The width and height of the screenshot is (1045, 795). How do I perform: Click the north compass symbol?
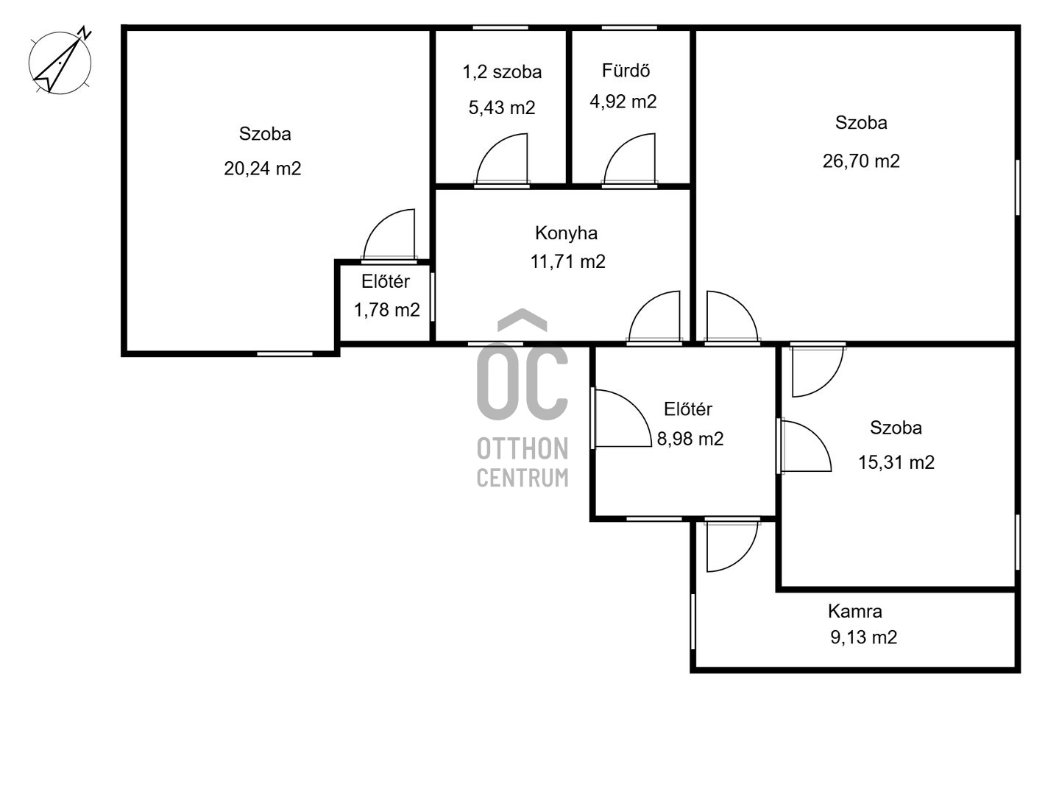click(60, 61)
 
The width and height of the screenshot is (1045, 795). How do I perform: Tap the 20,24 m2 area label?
click(262, 169)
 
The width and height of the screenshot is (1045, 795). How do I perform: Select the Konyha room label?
click(566, 233)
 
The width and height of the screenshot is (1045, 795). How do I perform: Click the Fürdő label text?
click(626, 71)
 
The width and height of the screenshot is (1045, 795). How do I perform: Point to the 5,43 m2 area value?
click(502, 107)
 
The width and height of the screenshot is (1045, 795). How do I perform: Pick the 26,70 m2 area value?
click(861, 161)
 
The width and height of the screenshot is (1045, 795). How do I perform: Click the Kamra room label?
click(855, 611)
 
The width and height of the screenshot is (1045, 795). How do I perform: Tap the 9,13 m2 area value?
click(864, 637)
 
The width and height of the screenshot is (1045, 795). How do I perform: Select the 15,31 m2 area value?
click(896, 462)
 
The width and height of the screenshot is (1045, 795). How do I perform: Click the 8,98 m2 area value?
click(690, 439)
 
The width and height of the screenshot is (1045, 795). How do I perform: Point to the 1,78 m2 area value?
click(386, 310)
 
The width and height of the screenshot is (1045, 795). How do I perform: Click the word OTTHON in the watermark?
click(522, 449)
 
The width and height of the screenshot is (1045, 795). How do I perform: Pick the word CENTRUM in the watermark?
click(522, 478)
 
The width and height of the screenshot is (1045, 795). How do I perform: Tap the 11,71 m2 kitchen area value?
click(567, 261)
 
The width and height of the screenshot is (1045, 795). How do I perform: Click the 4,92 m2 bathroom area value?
click(623, 102)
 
